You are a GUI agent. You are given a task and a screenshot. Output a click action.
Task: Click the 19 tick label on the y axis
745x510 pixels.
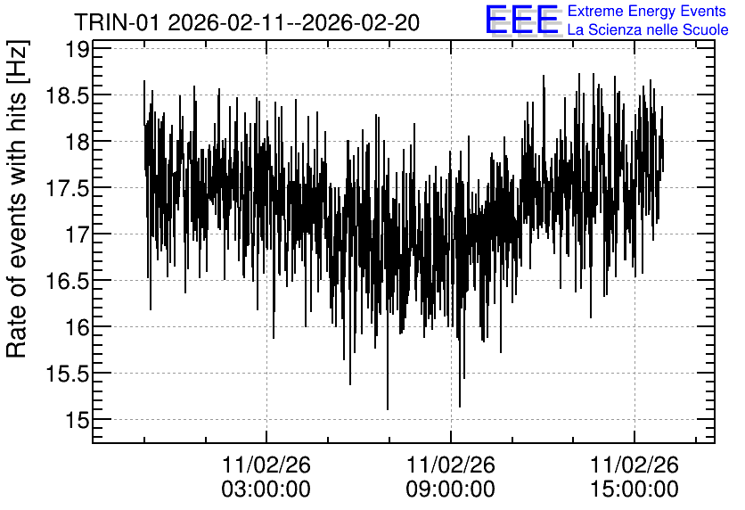(x=76, y=49)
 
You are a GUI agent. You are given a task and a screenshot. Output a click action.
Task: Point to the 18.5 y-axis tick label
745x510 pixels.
(x=67, y=95)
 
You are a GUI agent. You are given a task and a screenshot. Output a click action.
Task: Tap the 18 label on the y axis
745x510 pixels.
(x=76, y=142)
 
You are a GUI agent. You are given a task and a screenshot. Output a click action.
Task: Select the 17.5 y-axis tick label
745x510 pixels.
(x=67, y=188)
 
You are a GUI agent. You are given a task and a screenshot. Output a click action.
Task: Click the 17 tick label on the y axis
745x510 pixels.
(x=76, y=234)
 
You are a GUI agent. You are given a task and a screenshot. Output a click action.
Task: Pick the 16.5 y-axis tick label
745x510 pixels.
(x=67, y=281)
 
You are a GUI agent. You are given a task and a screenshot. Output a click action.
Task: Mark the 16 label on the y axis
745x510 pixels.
(x=76, y=327)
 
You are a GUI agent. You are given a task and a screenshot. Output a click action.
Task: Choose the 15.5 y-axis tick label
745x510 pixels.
(x=67, y=374)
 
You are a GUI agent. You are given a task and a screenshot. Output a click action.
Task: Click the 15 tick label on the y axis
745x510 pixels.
(x=76, y=420)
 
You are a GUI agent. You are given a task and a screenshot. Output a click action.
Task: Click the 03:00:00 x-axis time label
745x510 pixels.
(x=266, y=489)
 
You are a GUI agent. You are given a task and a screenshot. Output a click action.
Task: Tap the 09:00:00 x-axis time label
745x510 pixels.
(x=450, y=489)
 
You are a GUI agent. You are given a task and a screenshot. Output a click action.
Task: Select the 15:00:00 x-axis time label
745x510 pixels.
(x=634, y=489)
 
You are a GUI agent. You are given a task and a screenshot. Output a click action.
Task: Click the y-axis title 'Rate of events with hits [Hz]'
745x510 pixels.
(x=17, y=200)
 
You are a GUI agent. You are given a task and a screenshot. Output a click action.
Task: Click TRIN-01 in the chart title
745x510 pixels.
(x=118, y=22)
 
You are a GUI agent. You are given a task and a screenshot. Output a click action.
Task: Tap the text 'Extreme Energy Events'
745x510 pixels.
(x=647, y=11)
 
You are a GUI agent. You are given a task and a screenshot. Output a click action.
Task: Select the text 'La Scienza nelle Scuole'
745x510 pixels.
(x=648, y=29)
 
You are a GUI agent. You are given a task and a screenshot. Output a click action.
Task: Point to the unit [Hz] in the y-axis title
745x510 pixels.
(x=17, y=61)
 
